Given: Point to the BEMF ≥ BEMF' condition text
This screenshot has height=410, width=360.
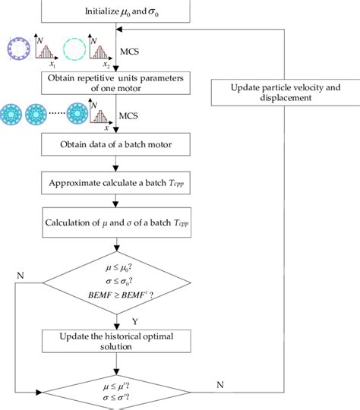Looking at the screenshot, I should (x=116, y=292).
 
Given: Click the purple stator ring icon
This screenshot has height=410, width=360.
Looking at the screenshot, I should (x=17, y=47).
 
